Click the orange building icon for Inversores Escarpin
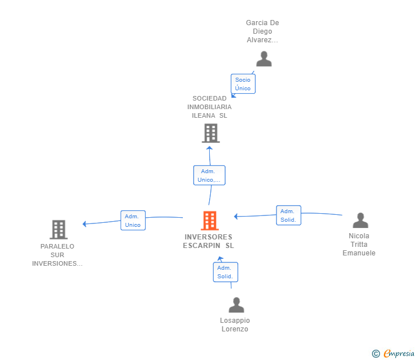[x=210, y=221]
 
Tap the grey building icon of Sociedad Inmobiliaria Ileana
[x=211, y=133]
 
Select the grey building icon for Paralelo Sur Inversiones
[x=59, y=230]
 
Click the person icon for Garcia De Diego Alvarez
[x=264, y=59]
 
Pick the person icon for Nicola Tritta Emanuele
[x=360, y=220]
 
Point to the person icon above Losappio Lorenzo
[x=237, y=305]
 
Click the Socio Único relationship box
[x=243, y=84]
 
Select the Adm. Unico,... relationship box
[x=209, y=175]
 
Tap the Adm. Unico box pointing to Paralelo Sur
[x=133, y=221]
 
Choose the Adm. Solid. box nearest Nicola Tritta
[x=289, y=215]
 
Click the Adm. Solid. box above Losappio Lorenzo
[x=226, y=272]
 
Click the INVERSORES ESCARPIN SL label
[x=209, y=241]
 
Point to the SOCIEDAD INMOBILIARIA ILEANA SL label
[x=209, y=107]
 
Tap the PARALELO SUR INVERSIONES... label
[x=57, y=255]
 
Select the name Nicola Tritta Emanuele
[x=359, y=245]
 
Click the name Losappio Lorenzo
[x=235, y=325]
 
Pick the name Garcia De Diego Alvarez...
[x=262, y=31]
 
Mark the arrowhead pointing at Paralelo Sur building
[x=85, y=224]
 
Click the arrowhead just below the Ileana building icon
[x=209, y=148]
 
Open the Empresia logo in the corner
[x=393, y=353]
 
